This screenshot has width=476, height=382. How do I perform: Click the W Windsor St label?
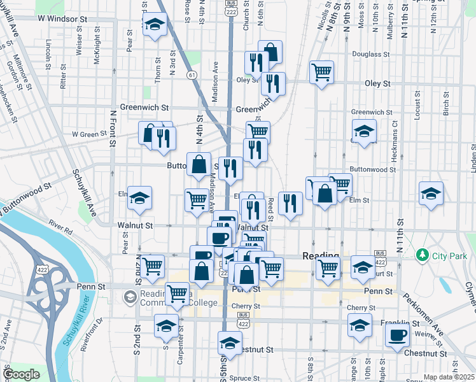[x=62, y=19]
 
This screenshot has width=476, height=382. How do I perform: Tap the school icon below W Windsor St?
[x=154, y=26]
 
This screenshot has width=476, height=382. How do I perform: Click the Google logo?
[x=22, y=374]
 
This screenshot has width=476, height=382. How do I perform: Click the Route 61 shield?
[x=191, y=75]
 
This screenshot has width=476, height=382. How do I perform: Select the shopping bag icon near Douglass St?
[x=270, y=52]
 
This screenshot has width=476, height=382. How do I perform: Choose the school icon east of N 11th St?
[x=431, y=194]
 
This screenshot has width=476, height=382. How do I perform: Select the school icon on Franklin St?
[x=360, y=325]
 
